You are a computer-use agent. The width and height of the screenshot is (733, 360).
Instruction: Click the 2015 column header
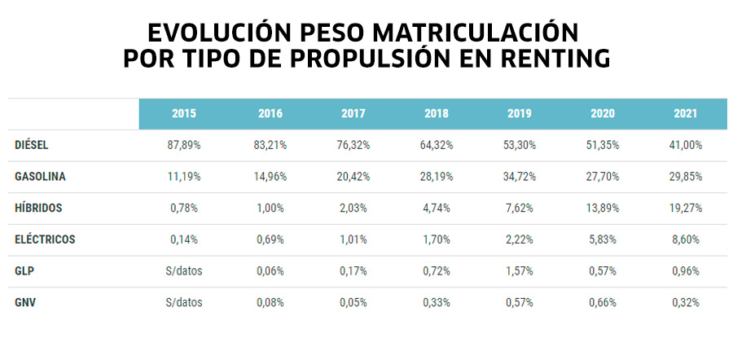coord(184,114)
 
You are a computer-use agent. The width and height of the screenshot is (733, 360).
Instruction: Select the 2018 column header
coord(437,114)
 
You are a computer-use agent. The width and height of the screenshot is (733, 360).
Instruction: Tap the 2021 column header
coord(685,114)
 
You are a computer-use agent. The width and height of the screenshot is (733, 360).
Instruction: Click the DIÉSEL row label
coord(32,145)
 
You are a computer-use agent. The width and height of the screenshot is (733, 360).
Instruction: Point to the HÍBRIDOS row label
coord(38,209)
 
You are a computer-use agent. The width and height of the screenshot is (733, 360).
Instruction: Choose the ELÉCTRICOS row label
coord(45,239)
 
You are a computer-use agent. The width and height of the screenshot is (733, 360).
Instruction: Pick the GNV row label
coord(26,302)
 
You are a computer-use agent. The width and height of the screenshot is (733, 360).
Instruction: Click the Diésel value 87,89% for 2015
coord(184,145)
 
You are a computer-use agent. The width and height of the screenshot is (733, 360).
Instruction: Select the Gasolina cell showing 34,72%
coord(520,177)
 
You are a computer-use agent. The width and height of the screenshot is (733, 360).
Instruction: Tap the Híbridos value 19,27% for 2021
coord(685,209)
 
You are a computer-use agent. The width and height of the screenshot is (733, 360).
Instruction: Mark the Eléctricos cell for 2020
coord(604,239)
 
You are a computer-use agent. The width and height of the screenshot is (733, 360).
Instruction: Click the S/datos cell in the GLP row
coord(184,271)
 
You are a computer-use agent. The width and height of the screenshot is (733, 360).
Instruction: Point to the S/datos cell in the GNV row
coord(184,302)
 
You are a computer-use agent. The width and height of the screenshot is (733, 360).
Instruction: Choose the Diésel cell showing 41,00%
coord(685,145)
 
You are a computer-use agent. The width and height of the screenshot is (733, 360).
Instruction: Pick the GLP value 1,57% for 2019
coord(520,271)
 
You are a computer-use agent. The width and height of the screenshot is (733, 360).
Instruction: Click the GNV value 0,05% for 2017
coord(353,302)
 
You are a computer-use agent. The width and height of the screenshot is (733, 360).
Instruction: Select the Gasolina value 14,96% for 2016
coord(270,177)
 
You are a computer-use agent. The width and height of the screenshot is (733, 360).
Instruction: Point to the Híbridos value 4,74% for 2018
coord(437,209)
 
